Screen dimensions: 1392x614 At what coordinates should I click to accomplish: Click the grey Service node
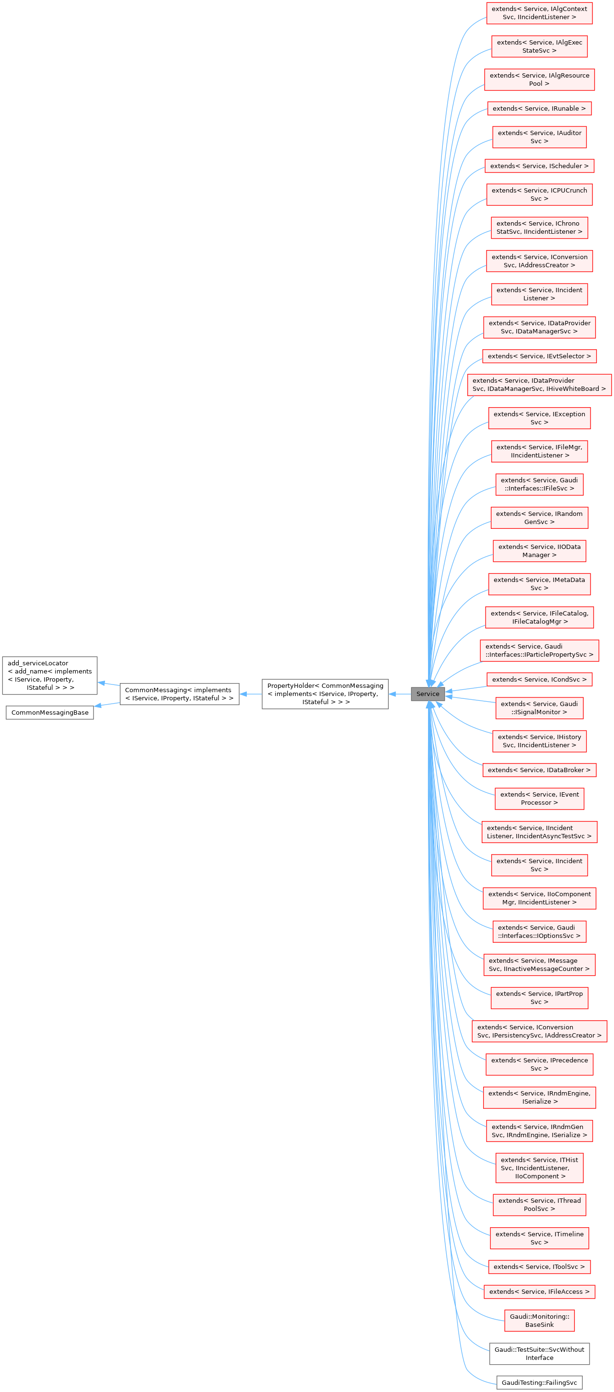point(428,694)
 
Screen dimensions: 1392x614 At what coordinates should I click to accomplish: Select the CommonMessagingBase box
point(50,712)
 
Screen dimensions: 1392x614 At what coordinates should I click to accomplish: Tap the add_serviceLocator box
point(50,675)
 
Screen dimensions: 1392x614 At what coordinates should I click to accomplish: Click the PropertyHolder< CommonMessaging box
point(325,694)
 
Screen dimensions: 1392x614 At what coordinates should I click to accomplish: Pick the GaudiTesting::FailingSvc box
point(539,1382)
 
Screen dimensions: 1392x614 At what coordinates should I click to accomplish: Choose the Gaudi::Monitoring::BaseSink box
point(539,1320)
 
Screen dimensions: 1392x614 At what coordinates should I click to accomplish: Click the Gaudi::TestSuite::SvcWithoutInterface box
point(539,1353)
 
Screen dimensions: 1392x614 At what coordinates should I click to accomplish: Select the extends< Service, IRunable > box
point(539,109)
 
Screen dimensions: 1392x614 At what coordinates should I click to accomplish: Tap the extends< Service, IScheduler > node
point(539,166)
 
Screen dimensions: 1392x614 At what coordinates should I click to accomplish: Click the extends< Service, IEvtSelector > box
point(539,356)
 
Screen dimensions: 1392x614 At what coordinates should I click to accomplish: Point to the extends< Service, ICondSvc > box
point(539,679)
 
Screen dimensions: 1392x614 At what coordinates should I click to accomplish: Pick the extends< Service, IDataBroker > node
point(539,770)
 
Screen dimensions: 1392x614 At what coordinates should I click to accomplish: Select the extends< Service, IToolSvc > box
point(539,1266)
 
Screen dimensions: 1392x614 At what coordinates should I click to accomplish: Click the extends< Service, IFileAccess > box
point(539,1291)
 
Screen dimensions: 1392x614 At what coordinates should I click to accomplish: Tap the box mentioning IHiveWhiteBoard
point(539,385)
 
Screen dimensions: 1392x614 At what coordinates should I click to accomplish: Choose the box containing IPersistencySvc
point(539,1031)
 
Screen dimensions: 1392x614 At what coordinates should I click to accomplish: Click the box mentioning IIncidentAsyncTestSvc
point(539,832)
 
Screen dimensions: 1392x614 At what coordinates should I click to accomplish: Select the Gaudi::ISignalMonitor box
point(539,708)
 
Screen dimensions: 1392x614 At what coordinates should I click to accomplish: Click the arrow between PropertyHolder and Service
point(399,694)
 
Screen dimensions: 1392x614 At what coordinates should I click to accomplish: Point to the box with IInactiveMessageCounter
point(539,965)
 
